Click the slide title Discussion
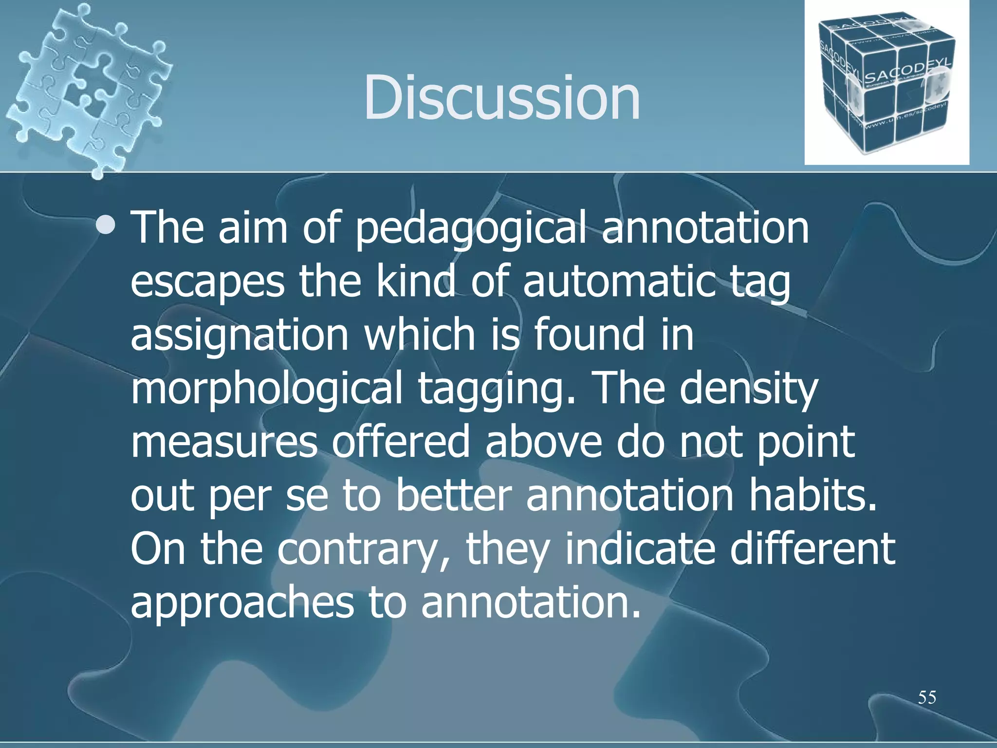coord(501,97)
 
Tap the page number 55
coord(927,697)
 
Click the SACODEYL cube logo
coord(886,83)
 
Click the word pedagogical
coord(471,229)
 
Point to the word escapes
coord(207,282)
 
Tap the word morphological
coord(267,390)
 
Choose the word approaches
coord(242,604)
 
